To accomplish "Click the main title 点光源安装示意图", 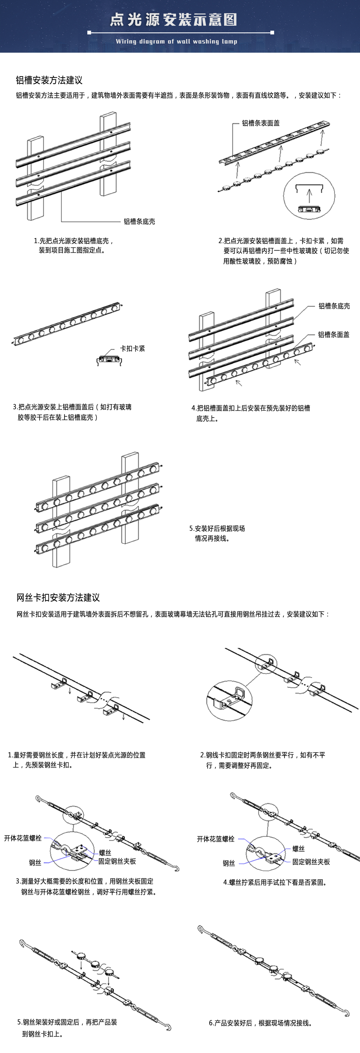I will point(173,19).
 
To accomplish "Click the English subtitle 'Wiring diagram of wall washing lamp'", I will point(176,41).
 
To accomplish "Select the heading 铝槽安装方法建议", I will point(49,80).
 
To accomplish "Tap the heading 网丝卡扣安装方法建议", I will point(58,597).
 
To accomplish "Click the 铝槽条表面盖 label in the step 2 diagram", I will point(261,123).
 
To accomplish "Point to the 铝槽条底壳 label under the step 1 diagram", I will point(139,222).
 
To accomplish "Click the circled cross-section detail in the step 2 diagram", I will point(309,195).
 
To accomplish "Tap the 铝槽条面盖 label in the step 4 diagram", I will point(334,334).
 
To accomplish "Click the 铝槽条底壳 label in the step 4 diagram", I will point(334,306).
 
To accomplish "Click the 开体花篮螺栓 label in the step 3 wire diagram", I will point(23,838).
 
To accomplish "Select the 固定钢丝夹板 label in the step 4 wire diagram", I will point(310,862).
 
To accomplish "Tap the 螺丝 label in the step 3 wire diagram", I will point(105,852).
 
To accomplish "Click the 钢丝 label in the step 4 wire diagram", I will point(229,863).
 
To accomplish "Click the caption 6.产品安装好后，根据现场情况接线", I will point(261,1022).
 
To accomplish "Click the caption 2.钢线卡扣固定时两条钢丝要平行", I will point(262,760).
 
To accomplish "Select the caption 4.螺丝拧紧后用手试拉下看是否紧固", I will point(275,882).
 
